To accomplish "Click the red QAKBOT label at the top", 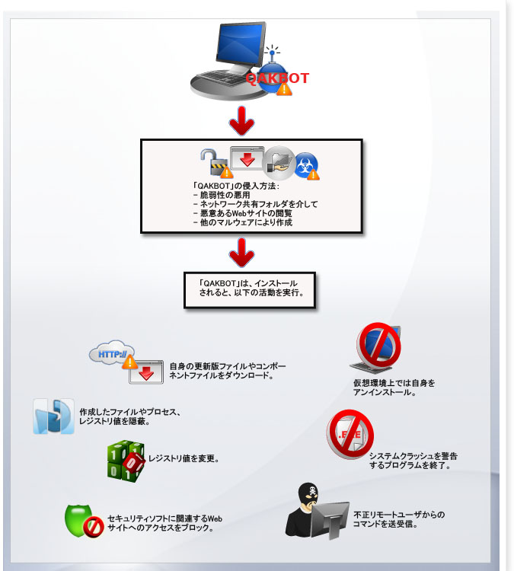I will pos(277,78).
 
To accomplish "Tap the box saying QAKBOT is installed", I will pos(250,287).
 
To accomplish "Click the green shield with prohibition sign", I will pos(84,522).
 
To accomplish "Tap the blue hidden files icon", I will pos(53,416).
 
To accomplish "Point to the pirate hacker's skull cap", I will pos(308,492).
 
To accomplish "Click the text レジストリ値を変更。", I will pos(184,459).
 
